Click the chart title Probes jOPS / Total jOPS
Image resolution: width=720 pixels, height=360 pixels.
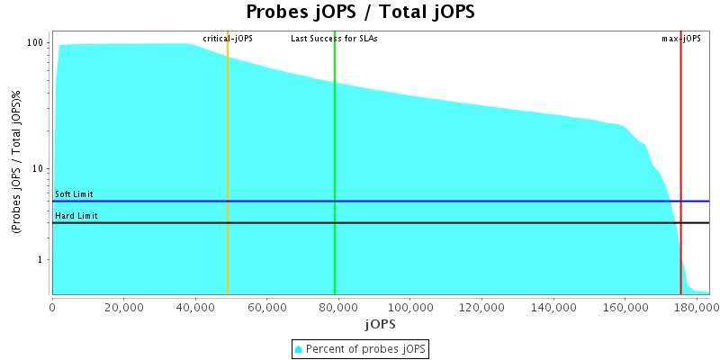coord(360,13)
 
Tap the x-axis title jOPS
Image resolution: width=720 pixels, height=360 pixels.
coord(379,323)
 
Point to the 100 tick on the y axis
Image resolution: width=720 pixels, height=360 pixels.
coord(37,43)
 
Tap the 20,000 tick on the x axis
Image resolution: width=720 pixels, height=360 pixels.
coord(124,306)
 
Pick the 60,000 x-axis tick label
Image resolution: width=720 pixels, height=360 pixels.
coord(267,306)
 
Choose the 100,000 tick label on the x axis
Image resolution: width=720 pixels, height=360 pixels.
coord(410,306)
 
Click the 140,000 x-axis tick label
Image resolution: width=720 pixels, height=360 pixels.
coord(553,306)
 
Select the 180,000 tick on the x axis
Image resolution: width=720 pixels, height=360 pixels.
coord(697,306)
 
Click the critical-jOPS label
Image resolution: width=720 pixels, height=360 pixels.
coord(228,39)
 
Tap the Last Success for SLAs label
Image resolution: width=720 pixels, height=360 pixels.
coord(334,39)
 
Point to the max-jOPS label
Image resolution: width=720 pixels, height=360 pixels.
coord(681,39)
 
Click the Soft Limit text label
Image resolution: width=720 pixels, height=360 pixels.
coord(74,194)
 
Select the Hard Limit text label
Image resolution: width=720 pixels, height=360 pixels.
coord(76,216)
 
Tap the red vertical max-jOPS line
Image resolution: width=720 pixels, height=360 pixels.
coord(680,162)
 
